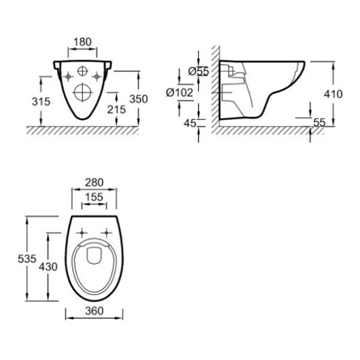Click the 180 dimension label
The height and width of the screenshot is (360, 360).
[82, 42]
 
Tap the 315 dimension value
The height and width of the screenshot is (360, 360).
[41, 101]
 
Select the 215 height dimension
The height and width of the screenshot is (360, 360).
[116, 110]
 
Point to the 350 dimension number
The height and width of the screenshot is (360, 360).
[139, 99]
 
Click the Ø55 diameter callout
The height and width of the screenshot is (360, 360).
[199, 71]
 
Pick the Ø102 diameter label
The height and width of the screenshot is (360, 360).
[179, 93]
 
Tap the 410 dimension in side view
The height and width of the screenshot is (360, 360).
[333, 94]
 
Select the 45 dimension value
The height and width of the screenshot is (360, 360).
[190, 123]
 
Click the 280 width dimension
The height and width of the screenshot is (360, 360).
[94, 182]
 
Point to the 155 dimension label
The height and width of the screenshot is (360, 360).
[94, 197]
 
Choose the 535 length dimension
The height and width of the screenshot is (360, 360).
[27, 259]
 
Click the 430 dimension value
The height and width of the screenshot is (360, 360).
[48, 267]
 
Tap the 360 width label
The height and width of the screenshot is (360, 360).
[94, 311]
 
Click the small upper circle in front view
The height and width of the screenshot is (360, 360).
[83, 71]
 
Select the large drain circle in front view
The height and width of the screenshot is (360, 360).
[83, 92]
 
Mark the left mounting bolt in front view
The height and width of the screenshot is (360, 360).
[68, 76]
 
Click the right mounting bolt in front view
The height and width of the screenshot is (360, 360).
[97, 76]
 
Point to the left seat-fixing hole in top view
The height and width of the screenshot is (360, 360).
[82, 233]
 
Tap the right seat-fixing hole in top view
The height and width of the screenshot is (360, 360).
[106, 233]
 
